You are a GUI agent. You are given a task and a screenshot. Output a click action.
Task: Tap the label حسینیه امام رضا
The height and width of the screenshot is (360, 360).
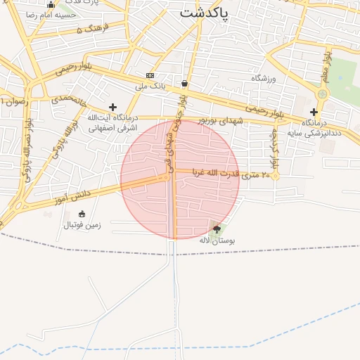(x=51, y=15)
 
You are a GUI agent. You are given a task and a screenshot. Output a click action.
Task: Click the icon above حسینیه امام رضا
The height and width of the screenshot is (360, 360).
(x=51, y=4)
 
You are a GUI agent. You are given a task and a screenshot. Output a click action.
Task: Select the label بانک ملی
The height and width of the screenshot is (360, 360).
(x=149, y=86)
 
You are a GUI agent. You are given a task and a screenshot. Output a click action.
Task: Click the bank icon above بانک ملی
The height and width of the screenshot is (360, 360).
(x=150, y=75)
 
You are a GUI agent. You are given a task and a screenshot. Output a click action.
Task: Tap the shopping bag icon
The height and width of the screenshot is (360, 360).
(x=184, y=83)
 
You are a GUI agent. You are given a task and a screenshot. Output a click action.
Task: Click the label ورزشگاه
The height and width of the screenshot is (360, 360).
(x=265, y=78)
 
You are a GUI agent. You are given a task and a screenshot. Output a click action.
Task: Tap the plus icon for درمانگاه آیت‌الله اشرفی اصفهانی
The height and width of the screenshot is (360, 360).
(x=112, y=107)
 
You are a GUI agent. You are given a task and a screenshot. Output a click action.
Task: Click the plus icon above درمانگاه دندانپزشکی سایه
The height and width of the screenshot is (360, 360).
(x=314, y=112)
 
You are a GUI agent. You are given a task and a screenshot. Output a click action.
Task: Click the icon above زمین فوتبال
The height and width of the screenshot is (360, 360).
(x=82, y=214)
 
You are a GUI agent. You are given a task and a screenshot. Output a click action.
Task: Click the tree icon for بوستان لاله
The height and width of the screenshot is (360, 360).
(x=216, y=229)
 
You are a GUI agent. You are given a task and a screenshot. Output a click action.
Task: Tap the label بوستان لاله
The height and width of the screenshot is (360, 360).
(x=216, y=240)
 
